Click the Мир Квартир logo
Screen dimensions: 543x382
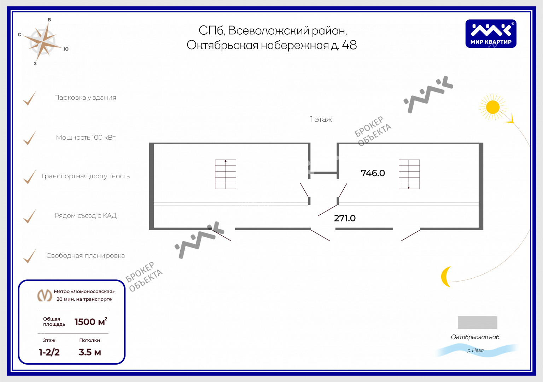(x=491, y=34)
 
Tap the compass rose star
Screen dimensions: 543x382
(x=43, y=42)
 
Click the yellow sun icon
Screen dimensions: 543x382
(x=492, y=107)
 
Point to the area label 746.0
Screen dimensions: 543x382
(x=373, y=173)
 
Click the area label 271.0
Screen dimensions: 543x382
(x=345, y=218)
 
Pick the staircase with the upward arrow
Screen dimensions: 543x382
(x=226, y=174)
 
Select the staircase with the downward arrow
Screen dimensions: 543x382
(x=409, y=174)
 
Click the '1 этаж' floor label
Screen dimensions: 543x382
(x=321, y=119)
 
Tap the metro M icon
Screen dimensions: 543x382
(x=45, y=295)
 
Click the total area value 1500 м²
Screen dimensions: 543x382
(x=91, y=322)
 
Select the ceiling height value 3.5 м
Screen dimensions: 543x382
(x=90, y=352)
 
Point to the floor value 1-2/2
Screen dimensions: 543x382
(x=49, y=352)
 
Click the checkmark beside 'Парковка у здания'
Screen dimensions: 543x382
(x=29, y=98)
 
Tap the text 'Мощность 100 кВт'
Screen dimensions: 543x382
(x=86, y=138)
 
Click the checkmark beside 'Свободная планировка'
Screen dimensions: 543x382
(x=29, y=256)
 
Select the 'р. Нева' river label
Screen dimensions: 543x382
(x=475, y=350)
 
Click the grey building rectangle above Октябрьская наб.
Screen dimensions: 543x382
(x=477, y=322)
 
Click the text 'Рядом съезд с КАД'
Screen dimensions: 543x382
(x=86, y=216)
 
